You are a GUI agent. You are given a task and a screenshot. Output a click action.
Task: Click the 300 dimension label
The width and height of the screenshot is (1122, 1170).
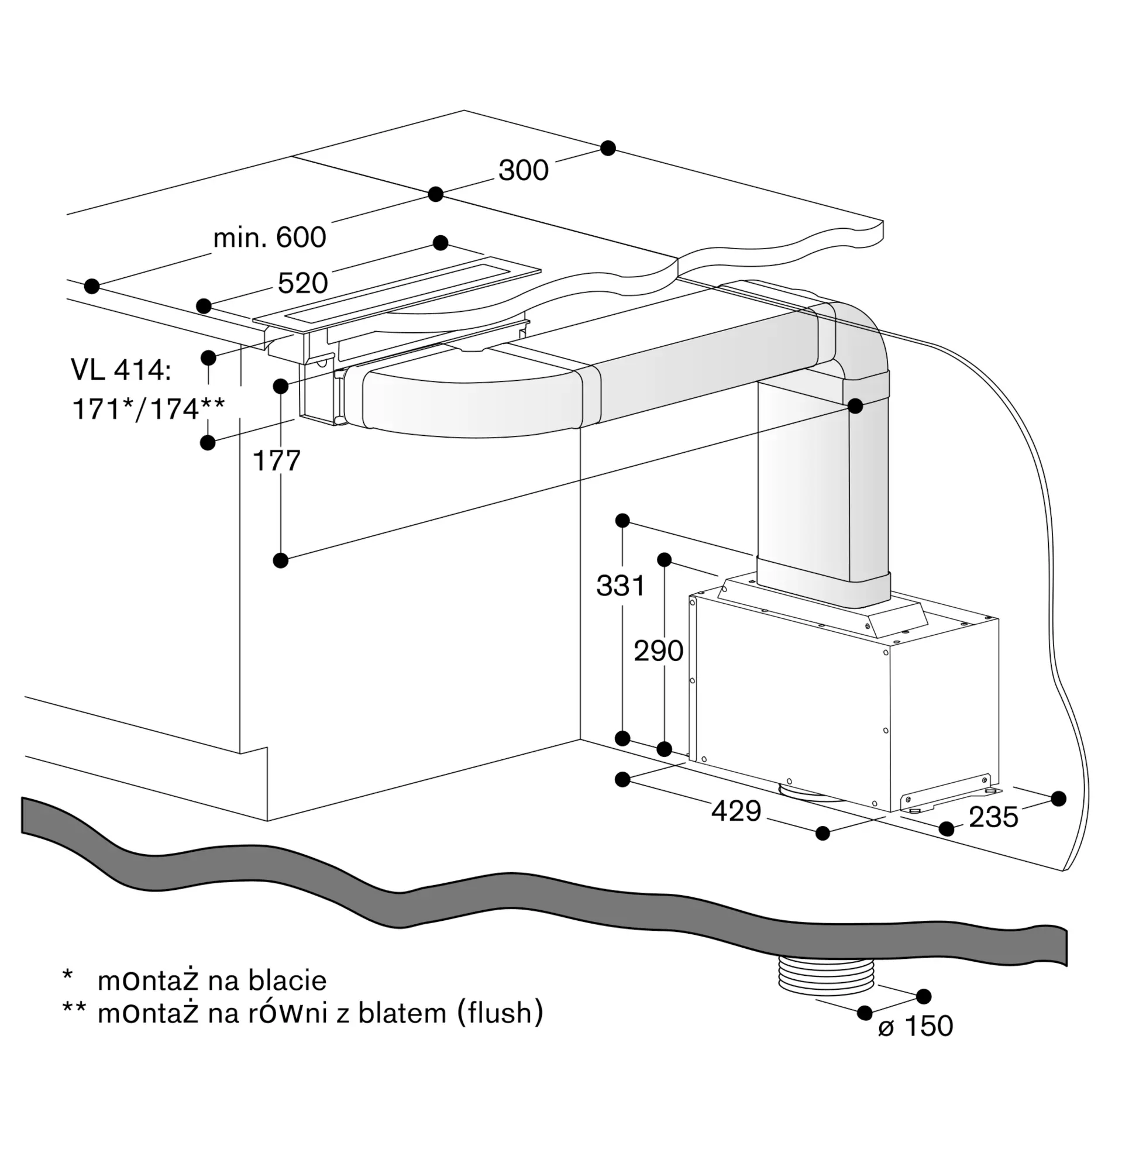click(x=524, y=170)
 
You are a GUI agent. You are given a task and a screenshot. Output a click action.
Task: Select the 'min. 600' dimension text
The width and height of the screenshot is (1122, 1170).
click(x=270, y=238)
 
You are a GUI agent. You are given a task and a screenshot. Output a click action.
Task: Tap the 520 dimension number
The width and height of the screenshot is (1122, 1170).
click(x=302, y=283)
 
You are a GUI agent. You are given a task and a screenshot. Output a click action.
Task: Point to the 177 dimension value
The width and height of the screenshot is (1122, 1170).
click(x=276, y=461)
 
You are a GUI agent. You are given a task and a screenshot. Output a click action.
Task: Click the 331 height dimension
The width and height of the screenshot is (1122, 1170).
click(x=621, y=586)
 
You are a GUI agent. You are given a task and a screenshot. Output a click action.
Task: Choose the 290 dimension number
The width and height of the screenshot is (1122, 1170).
click(x=658, y=651)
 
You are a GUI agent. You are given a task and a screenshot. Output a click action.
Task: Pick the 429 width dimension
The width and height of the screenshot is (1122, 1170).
click(x=736, y=811)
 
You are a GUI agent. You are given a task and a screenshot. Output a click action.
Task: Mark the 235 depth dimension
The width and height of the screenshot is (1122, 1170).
click(x=993, y=817)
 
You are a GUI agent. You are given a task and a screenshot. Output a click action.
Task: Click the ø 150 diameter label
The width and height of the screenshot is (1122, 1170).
click(x=916, y=1026)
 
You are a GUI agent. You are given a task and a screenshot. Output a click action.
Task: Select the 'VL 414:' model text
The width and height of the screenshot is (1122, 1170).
click(x=121, y=370)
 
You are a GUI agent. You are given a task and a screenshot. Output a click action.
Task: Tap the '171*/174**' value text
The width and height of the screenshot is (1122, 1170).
click(x=149, y=409)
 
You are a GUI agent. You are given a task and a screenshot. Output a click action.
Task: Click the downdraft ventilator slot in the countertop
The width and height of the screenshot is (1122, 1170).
click(x=397, y=291)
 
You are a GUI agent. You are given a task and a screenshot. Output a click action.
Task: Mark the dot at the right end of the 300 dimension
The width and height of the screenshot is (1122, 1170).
click(x=608, y=148)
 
